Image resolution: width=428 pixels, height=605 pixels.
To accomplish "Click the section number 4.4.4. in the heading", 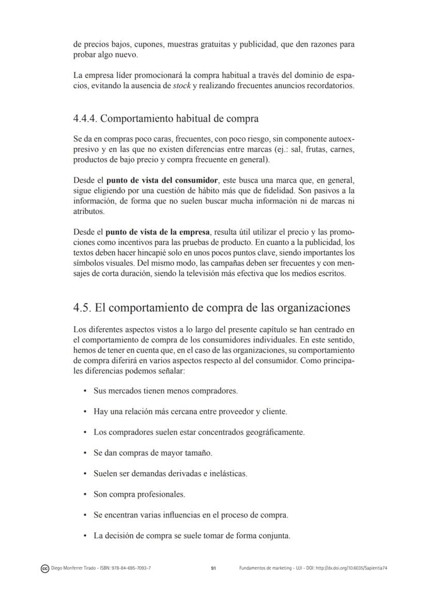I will (x=85, y=119).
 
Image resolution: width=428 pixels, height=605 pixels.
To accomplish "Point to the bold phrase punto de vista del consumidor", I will (x=162, y=180).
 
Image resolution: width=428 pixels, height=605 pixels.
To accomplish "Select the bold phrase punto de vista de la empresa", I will (x=158, y=232).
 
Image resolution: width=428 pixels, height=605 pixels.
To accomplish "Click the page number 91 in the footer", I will (x=213, y=568).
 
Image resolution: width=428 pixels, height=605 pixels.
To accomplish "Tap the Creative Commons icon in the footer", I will (x=44, y=568).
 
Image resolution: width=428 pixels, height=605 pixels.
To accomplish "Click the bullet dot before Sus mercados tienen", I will (x=84, y=391).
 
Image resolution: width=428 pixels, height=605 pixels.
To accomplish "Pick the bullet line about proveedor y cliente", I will (x=190, y=411).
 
